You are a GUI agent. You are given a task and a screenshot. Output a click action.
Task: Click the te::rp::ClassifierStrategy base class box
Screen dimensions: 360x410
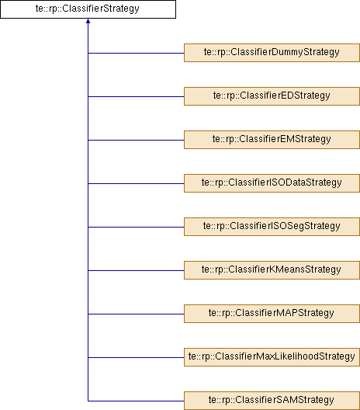(x=88, y=9)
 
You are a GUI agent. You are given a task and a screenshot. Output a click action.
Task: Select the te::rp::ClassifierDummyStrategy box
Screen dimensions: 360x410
(x=272, y=53)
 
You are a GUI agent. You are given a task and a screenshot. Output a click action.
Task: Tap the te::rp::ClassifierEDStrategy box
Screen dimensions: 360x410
(x=272, y=96)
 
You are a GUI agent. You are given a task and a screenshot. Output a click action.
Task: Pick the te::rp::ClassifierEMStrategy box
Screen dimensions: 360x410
(x=272, y=140)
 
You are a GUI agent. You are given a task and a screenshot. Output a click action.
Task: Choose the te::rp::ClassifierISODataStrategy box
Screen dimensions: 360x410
(x=272, y=183)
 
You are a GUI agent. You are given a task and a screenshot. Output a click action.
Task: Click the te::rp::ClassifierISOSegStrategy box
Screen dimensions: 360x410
(x=272, y=227)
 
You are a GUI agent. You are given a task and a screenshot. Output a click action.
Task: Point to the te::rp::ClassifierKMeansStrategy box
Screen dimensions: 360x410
(x=272, y=270)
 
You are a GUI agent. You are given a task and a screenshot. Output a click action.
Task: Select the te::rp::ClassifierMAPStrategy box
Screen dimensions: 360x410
(x=272, y=314)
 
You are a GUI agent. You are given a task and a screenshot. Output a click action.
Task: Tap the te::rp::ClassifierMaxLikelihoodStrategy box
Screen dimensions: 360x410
(x=272, y=357)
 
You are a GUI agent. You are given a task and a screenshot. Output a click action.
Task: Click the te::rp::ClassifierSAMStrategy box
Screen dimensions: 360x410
(x=272, y=401)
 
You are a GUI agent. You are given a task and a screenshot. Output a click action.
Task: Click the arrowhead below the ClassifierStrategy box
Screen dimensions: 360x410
(x=88, y=21)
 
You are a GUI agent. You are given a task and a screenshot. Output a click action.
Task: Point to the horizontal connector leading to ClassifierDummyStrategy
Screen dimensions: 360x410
(x=136, y=53)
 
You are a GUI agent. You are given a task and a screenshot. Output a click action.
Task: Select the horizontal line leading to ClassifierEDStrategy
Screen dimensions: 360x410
(x=136, y=97)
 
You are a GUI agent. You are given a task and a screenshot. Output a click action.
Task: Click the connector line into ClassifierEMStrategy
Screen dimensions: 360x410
(x=136, y=140)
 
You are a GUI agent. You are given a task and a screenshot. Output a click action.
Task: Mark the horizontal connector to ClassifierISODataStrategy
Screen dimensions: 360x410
(x=136, y=183)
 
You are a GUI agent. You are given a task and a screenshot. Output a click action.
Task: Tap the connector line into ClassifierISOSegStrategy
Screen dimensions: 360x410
(x=136, y=227)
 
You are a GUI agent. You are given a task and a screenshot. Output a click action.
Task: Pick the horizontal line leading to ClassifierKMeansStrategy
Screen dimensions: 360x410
(x=136, y=271)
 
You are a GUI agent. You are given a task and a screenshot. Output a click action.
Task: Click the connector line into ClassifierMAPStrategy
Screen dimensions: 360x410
(x=136, y=314)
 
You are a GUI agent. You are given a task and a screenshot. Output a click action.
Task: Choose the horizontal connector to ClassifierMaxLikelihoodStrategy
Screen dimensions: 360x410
(x=136, y=357)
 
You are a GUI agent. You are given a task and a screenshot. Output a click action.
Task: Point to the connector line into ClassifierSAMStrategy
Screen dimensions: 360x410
(x=136, y=401)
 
